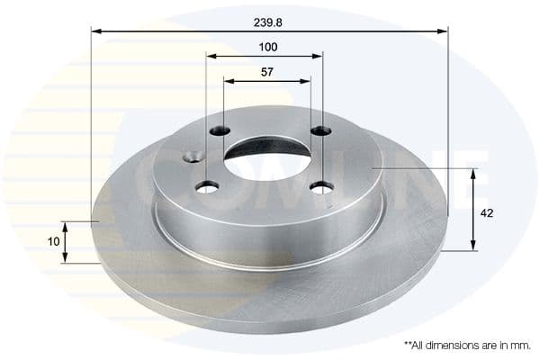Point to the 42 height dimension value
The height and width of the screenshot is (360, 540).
pos(488,213)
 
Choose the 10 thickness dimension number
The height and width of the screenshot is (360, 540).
pos(54,240)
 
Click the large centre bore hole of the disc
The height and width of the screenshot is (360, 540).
pos(267,158)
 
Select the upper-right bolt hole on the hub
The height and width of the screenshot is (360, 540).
pos(320,132)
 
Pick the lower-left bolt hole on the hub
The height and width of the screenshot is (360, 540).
pos(208,186)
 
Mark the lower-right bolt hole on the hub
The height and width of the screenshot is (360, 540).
pos(320,187)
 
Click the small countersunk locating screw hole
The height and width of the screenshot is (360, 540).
pos(191,159)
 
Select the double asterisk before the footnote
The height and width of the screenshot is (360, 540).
pos(408,343)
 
